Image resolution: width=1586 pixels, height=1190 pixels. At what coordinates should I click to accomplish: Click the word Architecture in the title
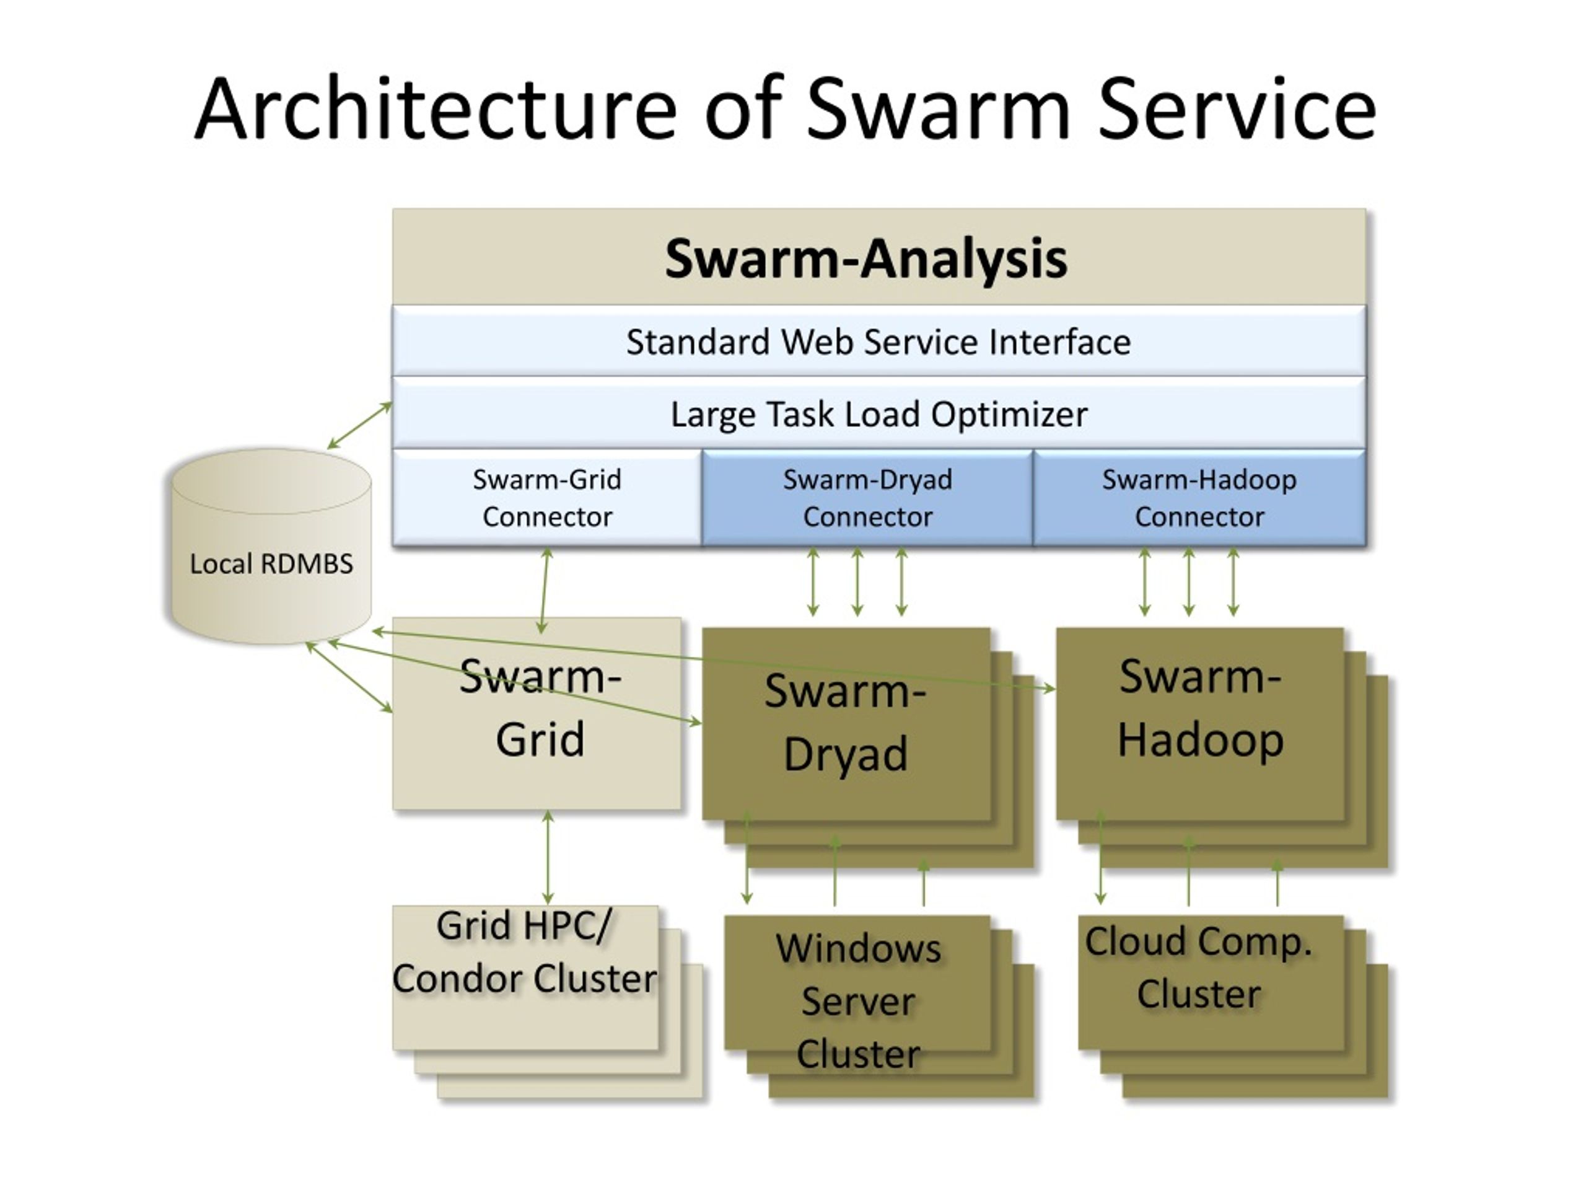click(x=435, y=109)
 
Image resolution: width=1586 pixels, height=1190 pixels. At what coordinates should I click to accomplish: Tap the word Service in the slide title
click(x=1237, y=109)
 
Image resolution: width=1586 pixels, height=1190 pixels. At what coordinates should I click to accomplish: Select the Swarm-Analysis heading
click(x=865, y=258)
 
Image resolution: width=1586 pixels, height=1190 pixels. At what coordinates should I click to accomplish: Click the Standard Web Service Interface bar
click(x=878, y=341)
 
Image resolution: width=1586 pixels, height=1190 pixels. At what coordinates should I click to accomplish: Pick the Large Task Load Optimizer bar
click(x=878, y=414)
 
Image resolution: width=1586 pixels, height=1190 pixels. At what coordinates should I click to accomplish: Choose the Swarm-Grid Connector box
click(x=547, y=498)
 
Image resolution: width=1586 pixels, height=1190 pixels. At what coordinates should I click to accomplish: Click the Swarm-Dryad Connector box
click(x=867, y=498)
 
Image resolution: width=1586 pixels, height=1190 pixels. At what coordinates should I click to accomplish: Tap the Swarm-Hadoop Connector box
click(x=1199, y=498)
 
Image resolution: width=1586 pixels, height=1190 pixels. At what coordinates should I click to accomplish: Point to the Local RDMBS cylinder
click(x=271, y=547)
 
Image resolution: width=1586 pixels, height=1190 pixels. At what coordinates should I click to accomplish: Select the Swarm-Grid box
click(x=537, y=714)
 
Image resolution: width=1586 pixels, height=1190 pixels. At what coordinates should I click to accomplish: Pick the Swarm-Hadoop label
click(x=1200, y=708)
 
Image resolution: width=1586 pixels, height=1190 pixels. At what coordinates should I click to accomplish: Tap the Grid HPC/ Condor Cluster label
click(x=524, y=953)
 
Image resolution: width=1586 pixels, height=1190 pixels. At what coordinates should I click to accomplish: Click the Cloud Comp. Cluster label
click(x=1199, y=967)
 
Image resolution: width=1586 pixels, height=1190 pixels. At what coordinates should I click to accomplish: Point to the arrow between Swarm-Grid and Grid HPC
click(x=548, y=858)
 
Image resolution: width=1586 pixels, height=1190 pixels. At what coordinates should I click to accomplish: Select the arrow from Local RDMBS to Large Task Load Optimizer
click(x=360, y=425)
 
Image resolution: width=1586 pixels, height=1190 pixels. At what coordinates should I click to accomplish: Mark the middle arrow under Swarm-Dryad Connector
click(x=857, y=583)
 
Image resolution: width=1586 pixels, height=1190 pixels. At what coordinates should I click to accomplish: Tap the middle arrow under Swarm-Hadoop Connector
click(x=1189, y=583)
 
